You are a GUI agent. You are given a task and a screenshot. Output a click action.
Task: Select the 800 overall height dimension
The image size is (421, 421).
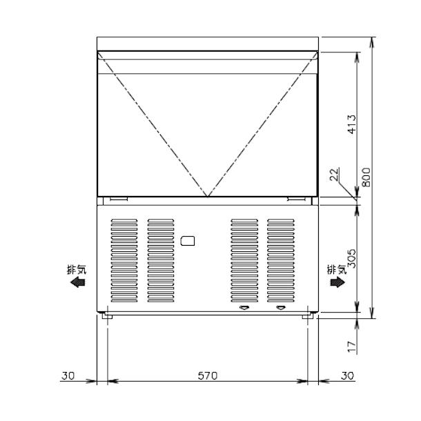[366, 178]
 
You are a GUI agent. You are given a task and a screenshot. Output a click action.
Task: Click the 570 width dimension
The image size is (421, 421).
[208, 375]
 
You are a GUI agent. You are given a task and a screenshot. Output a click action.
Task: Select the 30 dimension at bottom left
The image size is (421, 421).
[67, 375]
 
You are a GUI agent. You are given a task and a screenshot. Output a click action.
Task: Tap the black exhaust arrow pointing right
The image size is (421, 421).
[337, 282]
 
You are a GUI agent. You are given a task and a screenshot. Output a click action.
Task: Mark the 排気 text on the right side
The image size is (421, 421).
[336, 270]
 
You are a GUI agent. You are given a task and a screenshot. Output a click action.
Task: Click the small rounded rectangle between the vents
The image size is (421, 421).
[188, 241]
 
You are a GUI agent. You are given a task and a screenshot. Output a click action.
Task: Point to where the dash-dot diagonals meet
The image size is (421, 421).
[207, 196]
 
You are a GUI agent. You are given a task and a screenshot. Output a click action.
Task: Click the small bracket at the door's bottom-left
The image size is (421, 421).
[118, 199]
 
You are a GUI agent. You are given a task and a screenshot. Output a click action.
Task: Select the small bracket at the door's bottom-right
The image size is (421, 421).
[296, 199]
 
